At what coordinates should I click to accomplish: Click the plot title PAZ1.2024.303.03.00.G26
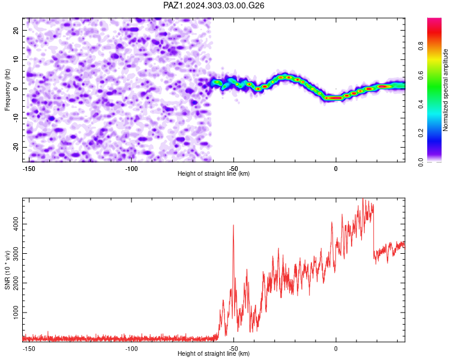pos(214,5)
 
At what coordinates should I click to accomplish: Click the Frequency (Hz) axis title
pos(7,90)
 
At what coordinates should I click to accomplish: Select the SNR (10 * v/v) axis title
pos(7,270)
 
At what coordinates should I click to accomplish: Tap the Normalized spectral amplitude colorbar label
pos(445,90)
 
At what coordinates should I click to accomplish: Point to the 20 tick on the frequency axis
pos(16,31)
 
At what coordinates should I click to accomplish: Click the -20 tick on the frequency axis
pos(16,148)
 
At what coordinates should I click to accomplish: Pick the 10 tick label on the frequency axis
pos(16,60)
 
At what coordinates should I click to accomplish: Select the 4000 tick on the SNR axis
pos(16,224)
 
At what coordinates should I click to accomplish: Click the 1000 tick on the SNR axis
pos(16,313)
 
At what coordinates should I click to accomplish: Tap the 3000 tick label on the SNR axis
pos(16,253)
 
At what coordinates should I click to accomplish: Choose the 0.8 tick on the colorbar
pos(421,46)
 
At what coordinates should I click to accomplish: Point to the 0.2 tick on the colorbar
pos(421,133)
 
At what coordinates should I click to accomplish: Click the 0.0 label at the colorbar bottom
pos(421,162)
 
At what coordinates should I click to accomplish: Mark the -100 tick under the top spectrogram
pos(131,169)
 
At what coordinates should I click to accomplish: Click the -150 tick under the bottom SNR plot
pos(29,349)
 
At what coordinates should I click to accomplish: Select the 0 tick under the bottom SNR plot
pos(336,349)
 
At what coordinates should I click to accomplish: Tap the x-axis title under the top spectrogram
pos(214,173)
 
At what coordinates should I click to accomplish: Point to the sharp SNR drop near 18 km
pos(374,233)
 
